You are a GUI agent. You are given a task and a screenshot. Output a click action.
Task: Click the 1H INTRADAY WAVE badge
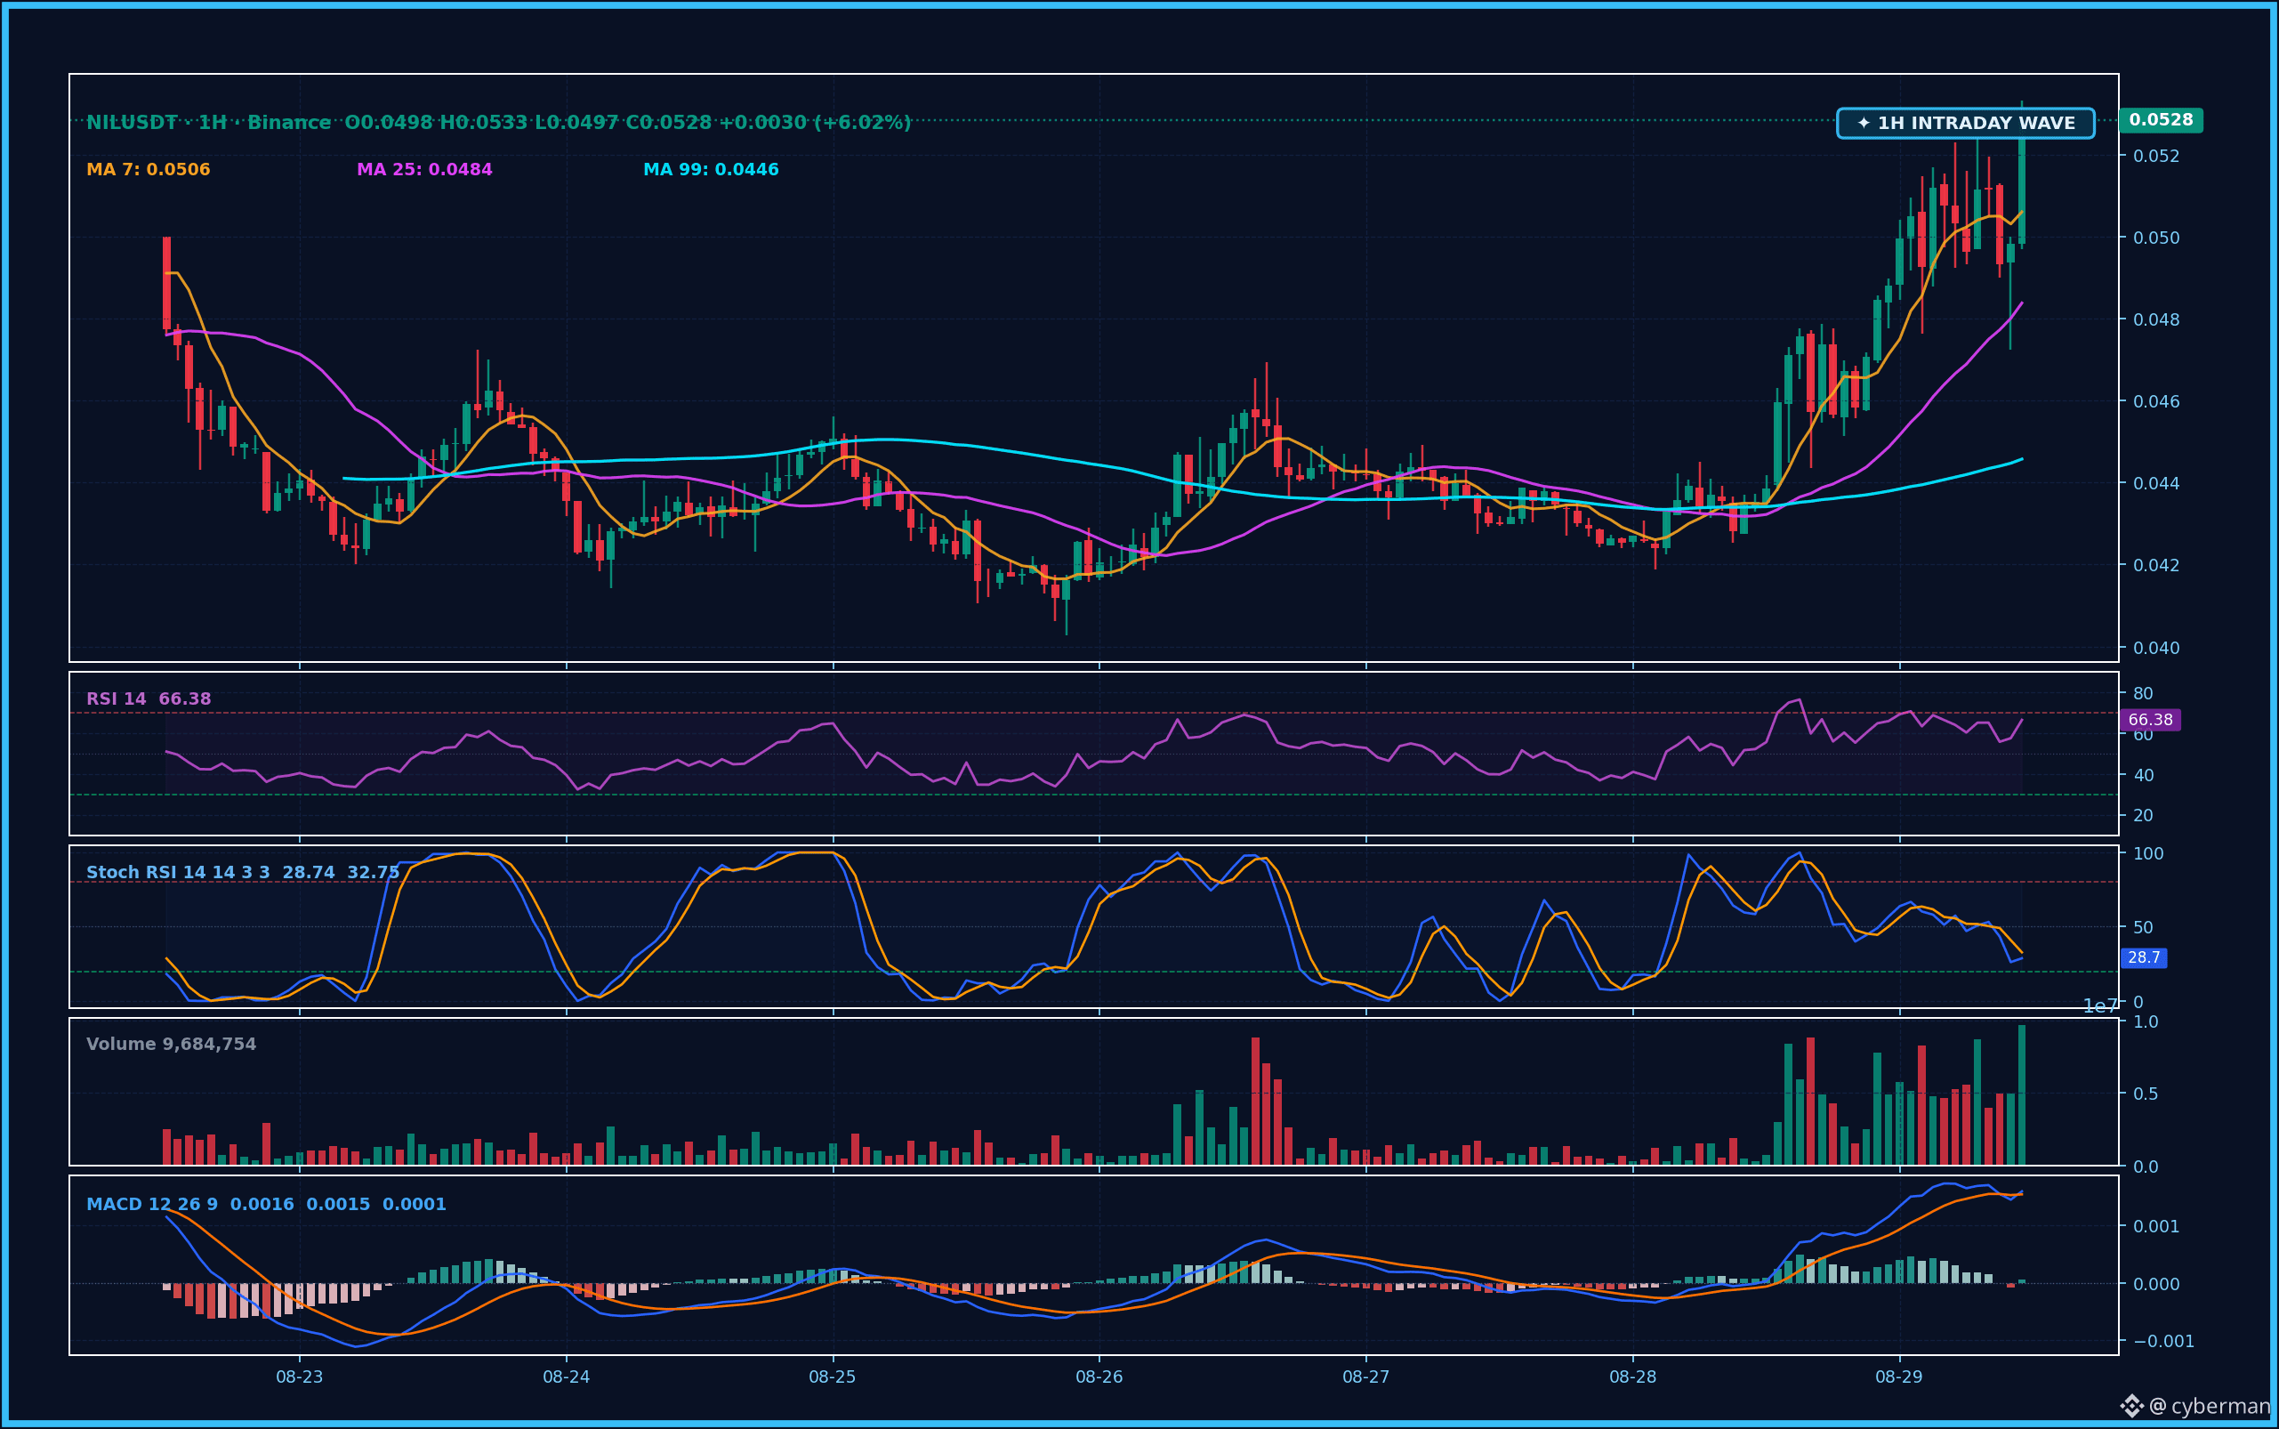(x=1965, y=123)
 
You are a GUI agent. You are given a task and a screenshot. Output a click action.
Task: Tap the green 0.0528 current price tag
(x=2161, y=120)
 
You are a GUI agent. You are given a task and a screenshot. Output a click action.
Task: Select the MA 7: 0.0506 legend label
(x=149, y=169)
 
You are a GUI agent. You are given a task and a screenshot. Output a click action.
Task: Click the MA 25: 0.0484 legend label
(x=424, y=169)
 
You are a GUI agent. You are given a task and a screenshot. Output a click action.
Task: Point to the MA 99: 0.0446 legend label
(x=711, y=169)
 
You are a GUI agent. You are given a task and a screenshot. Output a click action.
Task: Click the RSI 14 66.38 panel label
(x=149, y=698)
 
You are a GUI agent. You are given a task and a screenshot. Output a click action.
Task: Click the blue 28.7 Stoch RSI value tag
(x=2144, y=957)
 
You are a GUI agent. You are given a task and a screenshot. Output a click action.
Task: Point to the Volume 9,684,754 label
(x=171, y=1044)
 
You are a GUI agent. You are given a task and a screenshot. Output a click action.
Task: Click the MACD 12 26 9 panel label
(x=152, y=1204)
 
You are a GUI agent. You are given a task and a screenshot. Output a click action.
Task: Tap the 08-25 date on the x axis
(x=833, y=1377)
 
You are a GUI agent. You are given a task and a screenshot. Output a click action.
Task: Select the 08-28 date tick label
(x=1632, y=1377)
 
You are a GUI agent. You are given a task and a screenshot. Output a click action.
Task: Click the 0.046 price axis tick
(x=2156, y=400)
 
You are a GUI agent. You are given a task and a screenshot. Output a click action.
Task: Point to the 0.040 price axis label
(x=2156, y=648)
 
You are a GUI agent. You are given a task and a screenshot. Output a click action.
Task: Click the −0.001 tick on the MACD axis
(x=2163, y=1341)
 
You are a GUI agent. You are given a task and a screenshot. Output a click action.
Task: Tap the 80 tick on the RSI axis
(x=2143, y=693)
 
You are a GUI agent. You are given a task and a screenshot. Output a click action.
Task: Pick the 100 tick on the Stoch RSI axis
(x=2148, y=852)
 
